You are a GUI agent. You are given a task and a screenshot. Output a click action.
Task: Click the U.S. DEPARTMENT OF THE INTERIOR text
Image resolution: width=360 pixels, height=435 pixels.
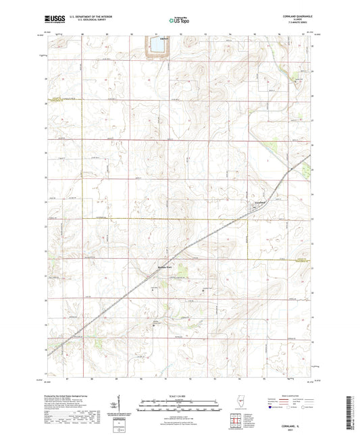point(88,18)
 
